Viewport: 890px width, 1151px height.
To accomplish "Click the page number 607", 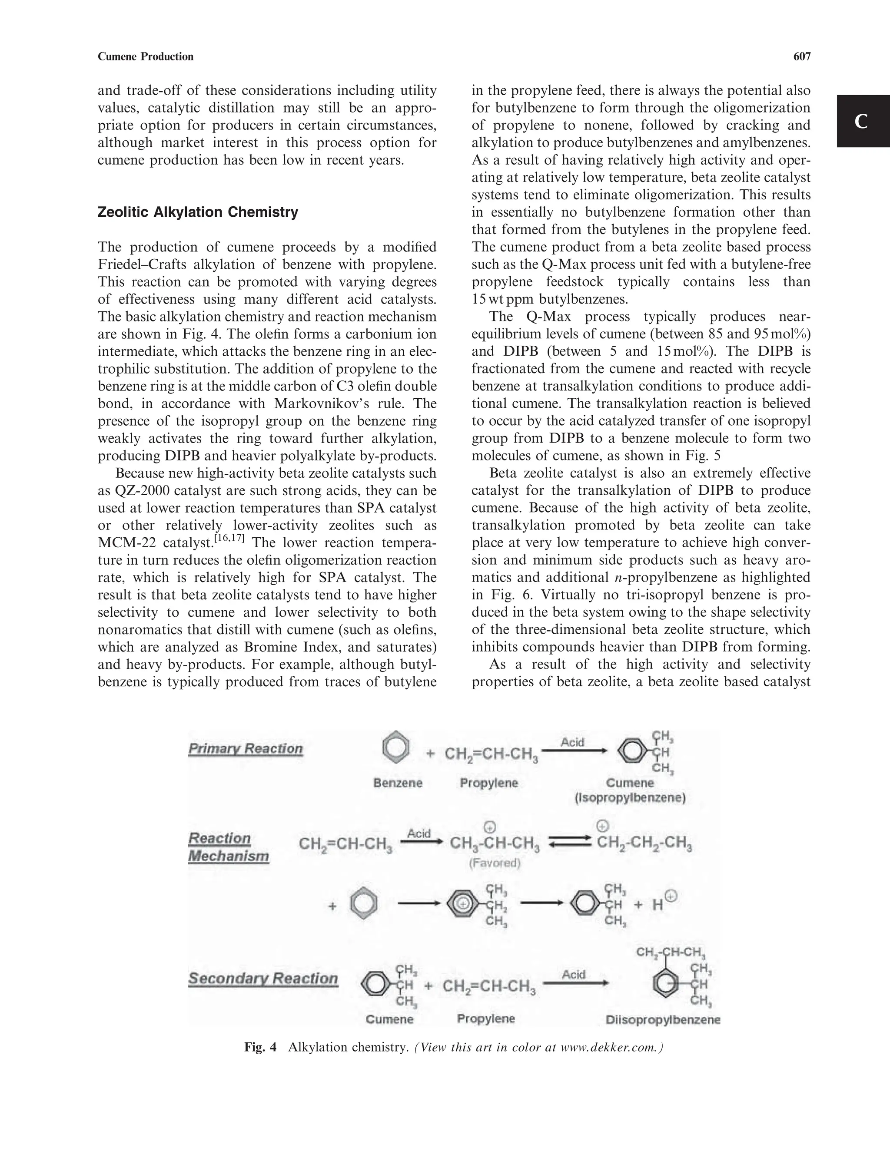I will click(801, 56).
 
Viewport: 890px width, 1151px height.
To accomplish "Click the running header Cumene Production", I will click(146, 56).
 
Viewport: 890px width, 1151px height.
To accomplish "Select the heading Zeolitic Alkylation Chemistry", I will click(198, 212).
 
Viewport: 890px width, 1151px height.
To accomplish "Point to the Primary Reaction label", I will click(246, 749).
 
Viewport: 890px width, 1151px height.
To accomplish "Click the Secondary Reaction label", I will click(263, 979).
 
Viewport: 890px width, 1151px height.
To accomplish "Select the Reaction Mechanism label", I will click(228, 847).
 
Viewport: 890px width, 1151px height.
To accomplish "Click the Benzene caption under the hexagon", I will click(398, 783).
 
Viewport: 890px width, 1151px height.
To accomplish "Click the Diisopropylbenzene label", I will click(663, 1020).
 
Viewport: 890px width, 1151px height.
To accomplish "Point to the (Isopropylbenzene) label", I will click(630, 798).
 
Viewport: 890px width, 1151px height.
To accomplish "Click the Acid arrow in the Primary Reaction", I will click(574, 751).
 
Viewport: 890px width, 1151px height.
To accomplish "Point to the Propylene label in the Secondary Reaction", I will click(485, 1019).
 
